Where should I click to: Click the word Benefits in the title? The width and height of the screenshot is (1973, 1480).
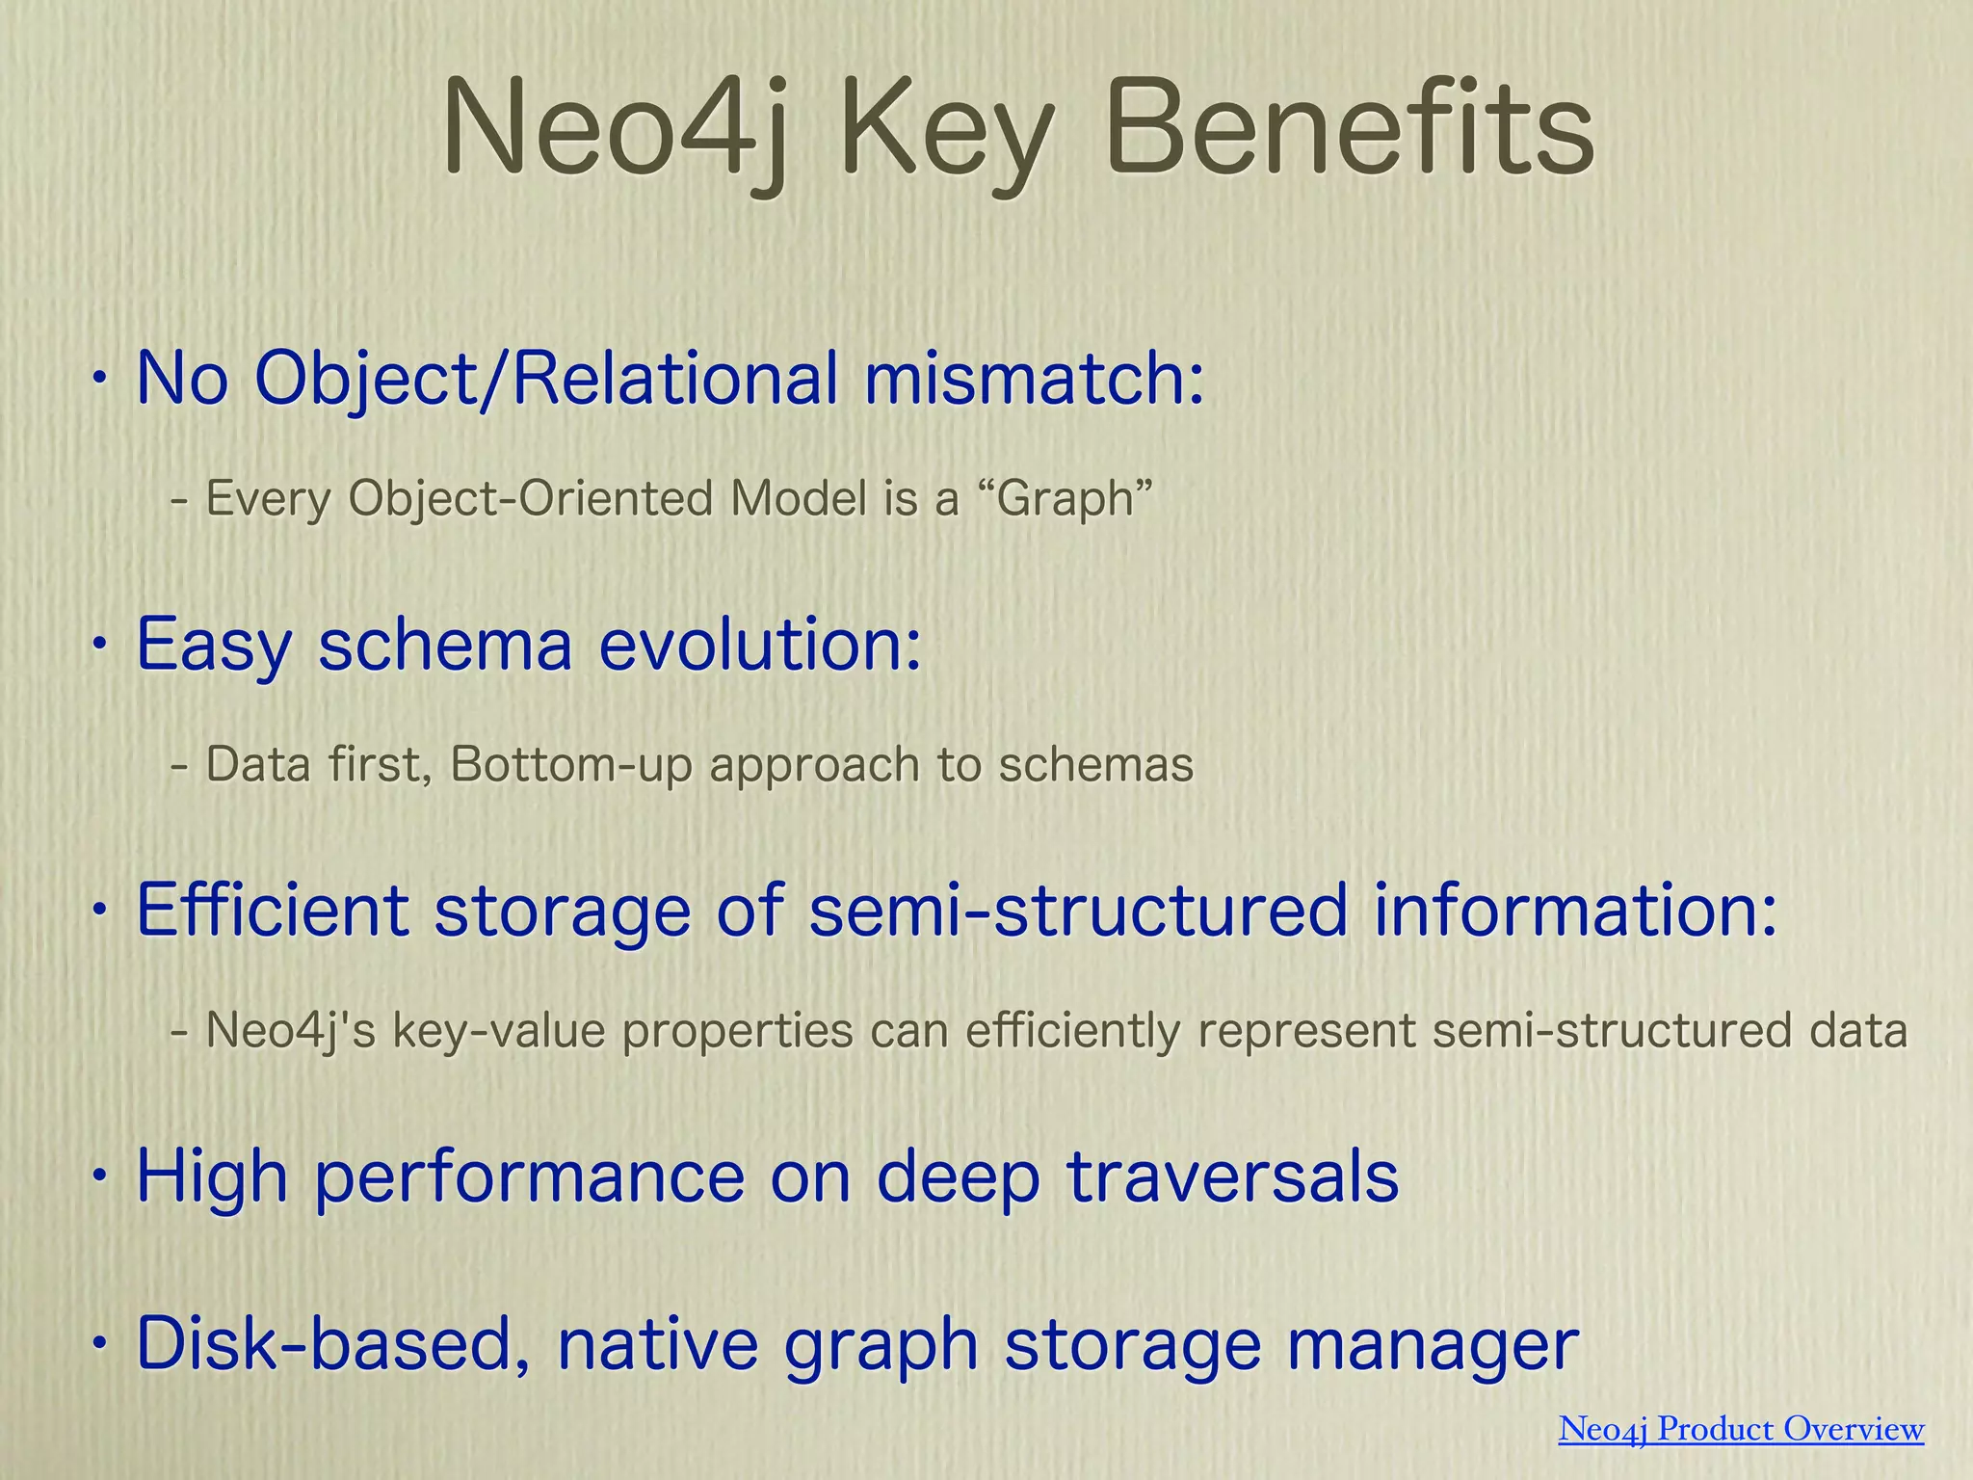[1349, 130]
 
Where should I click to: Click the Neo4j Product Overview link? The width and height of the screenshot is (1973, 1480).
[1741, 1428]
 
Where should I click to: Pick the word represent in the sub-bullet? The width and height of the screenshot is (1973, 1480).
[1306, 1031]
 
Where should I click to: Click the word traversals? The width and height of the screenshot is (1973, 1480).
[1232, 1176]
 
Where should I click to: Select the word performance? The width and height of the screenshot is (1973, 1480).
[530, 1176]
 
